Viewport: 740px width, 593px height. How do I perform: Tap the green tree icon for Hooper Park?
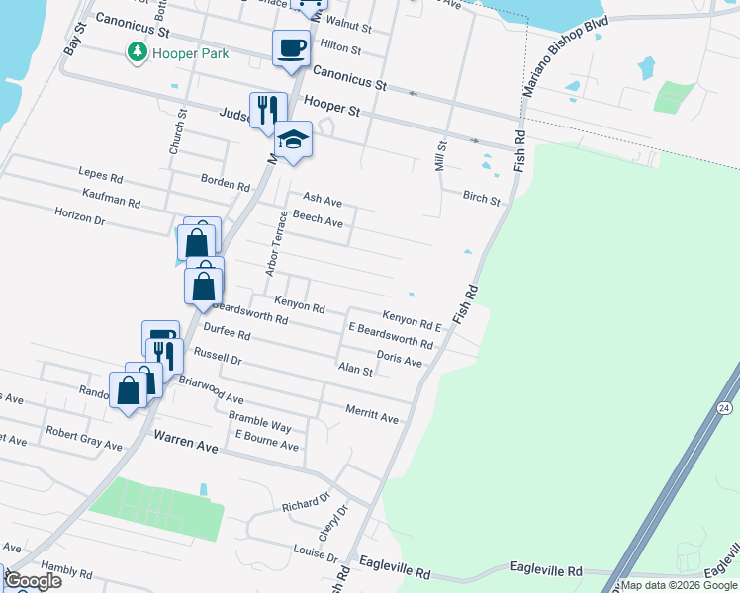click(136, 52)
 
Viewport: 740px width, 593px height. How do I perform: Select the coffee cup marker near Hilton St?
click(291, 48)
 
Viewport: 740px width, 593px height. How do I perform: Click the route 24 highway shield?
click(725, 407)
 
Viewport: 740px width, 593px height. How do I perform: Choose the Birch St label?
click(482, 199)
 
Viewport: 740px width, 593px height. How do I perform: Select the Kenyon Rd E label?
click(412, 319)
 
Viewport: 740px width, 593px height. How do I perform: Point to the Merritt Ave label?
click(372, 414)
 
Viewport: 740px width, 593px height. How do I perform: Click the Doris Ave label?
click(400, 358)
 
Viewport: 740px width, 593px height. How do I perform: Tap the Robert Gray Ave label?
click(84, 439)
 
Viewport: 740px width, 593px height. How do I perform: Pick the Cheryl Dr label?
click(333, 524)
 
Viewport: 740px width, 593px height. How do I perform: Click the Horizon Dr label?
click(80, 217)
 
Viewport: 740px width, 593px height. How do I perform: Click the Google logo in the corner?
click(34, 580)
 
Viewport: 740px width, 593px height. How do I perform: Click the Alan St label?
click(356, 371)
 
